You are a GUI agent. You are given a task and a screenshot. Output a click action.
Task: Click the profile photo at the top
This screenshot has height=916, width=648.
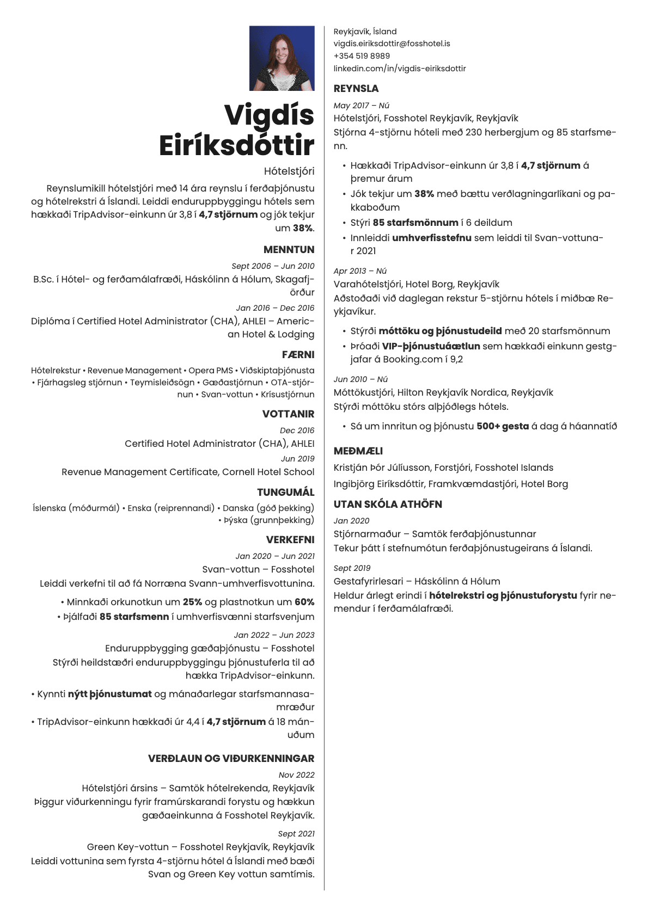[282, 58]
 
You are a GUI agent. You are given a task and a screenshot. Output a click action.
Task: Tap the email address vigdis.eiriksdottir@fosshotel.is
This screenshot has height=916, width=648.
[392, 44]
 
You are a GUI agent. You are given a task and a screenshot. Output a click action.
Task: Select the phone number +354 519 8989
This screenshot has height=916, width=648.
[362, 56]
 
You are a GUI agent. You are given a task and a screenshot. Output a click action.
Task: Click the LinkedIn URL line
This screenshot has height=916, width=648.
[400, 69]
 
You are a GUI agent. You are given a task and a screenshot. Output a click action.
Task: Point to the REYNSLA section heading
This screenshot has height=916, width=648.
[356, 89]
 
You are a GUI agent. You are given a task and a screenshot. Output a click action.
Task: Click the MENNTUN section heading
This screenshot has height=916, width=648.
[289, 250]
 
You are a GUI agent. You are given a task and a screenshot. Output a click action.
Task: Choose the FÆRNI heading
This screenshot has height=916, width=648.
[298, 355]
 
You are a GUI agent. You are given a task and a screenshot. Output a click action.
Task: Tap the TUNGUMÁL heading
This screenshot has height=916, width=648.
[285, 493]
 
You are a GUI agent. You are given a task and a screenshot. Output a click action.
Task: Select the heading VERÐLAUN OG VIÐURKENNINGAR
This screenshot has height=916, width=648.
[231, 759]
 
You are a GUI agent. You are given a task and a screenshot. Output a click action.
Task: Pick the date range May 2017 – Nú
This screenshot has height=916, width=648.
[361, 106]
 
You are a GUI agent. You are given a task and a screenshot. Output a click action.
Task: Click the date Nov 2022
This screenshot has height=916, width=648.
[296, 775]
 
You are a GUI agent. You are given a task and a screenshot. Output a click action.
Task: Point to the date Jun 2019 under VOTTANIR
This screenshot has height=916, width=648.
[297, 459]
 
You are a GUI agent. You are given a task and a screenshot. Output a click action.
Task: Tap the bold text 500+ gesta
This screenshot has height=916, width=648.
[503, 427]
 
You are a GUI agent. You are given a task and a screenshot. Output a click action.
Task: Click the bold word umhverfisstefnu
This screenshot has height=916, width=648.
[431, 238]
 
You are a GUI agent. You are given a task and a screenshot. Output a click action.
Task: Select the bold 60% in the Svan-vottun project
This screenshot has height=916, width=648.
[304, 603]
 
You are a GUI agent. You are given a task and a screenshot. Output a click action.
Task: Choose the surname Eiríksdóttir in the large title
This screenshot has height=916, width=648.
[237, 146]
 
